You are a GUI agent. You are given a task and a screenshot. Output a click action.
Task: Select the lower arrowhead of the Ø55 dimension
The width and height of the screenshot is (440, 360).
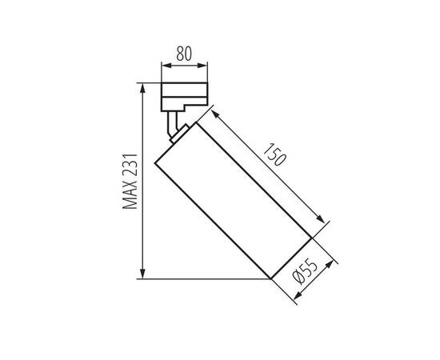(x=298, y=297)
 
